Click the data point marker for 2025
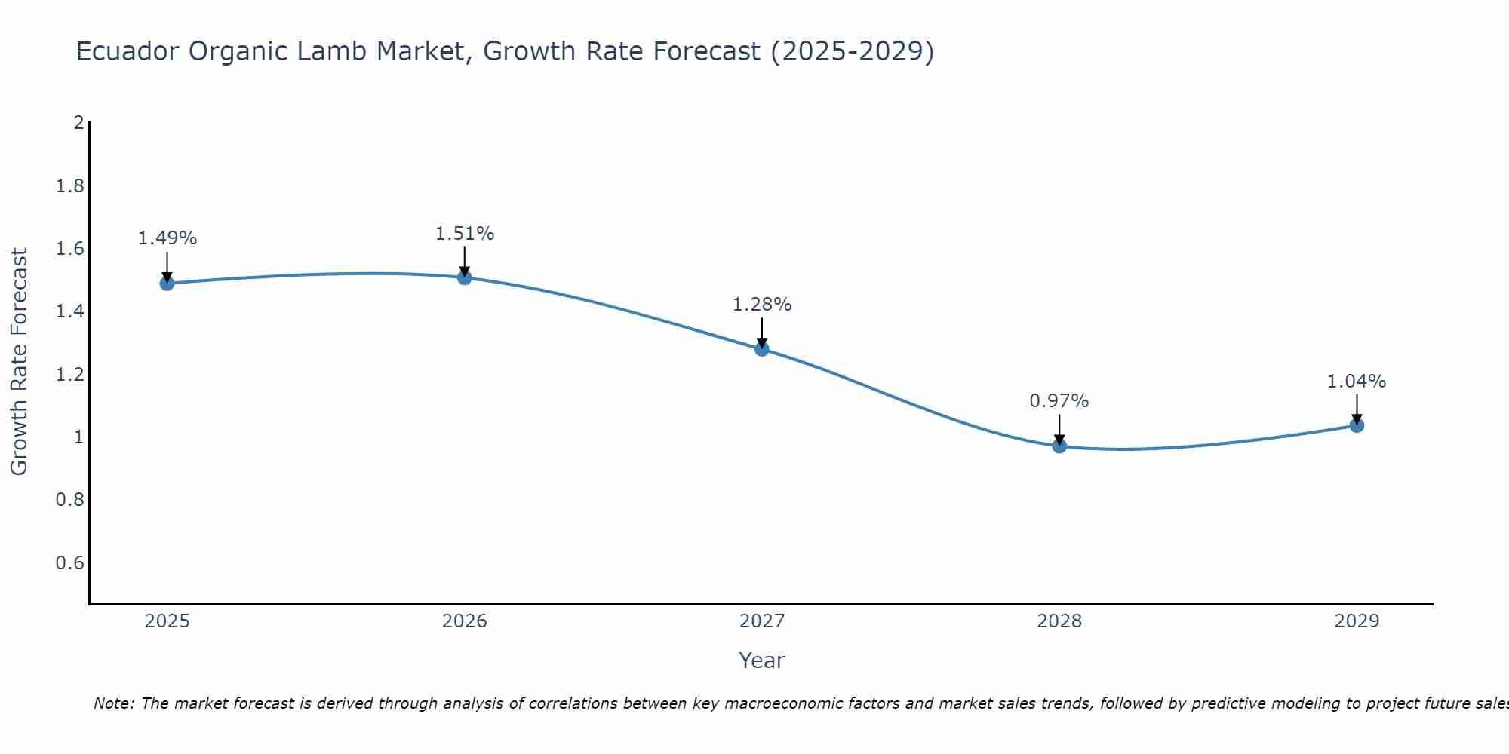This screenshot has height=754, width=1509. (x=167, y=284)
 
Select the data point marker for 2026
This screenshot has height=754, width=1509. (x=464, y=277)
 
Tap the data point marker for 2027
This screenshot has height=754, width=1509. (x=762, y=349)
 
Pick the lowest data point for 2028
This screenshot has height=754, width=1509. (x=1059, y=446)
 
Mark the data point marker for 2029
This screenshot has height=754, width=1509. (x=1357, y=425)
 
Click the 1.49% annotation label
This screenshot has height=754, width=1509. (x=167, y=238)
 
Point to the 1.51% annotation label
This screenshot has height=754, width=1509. (x=464, y=234)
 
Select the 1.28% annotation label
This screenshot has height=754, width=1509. (x=762, y=305)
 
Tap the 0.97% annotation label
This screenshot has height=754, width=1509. (x=1059, y=401)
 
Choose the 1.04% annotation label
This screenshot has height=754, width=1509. (x=1357, y=382)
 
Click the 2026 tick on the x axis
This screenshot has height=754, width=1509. (x=464, y=621)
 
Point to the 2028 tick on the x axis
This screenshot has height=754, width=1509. (x=1059, y=621)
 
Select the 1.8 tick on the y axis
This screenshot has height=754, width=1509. (x=70, y=185)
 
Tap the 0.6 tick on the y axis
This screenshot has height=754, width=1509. (x=70, y=562)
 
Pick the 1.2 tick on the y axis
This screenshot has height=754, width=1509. (x=70, y=374)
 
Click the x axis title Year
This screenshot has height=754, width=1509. (x=762, y=661)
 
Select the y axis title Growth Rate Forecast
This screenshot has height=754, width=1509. (x=19, y=362)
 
